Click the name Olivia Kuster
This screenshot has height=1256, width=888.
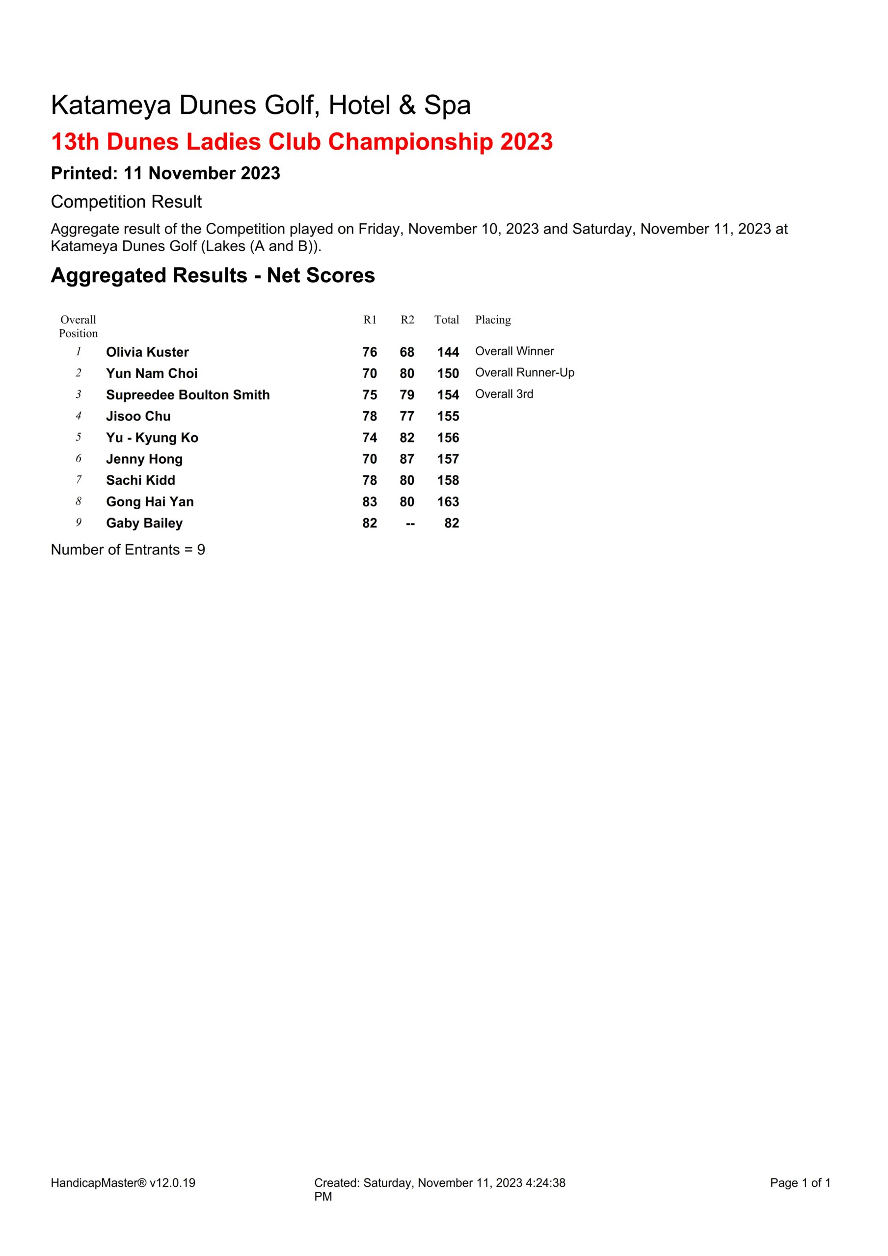(x=147, y=352)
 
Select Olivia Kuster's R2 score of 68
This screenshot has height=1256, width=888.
(x=407, y=352)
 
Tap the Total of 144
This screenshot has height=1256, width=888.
(x=448, y=352)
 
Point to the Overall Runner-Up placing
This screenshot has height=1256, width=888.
(x=524, y=372)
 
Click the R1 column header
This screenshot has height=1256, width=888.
(x=370, y=319)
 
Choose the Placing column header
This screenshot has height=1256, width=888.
(x=493, y=319)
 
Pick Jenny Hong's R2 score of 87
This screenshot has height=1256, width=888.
(x=407, y=459)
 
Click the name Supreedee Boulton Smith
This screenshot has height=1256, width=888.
(x=188, y=395)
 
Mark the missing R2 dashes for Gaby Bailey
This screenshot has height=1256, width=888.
(x=410, y=523)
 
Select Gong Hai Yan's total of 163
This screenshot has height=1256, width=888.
(x=448, y=501)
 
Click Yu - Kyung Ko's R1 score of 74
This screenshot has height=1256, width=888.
(x=370, y=438)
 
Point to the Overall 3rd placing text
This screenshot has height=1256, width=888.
(x=504, y=394)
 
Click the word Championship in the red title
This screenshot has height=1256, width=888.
(x=410, y=142)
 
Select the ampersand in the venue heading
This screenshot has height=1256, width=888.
(x=407, y=105)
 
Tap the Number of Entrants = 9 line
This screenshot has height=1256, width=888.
(x=128, y=550)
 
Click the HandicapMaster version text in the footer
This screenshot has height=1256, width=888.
(x=123, y=1183)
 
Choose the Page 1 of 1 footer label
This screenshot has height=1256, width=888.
(x=800, y=1183)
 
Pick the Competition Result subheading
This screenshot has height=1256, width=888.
(x=126, y=202)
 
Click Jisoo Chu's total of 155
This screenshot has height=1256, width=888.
(x=448, y=417)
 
